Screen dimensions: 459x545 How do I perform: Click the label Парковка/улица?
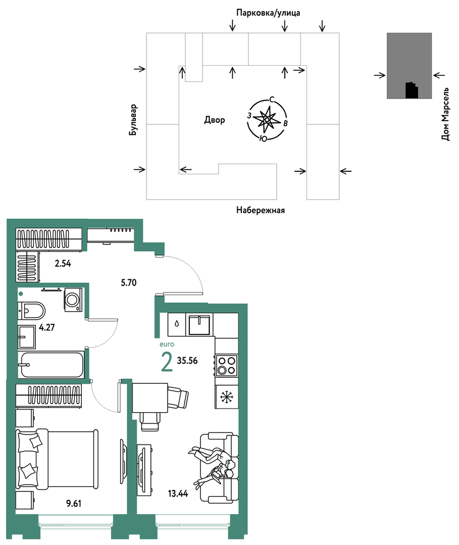(268, 13)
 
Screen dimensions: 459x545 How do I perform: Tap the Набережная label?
(260, 210)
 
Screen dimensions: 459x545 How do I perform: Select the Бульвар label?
(133, 120)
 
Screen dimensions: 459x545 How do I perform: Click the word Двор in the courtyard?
(215, 120)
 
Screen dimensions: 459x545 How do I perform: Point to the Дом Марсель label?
(445, 114)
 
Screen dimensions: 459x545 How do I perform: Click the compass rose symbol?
(267, 119)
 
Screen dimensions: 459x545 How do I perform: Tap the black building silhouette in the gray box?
(412, 90)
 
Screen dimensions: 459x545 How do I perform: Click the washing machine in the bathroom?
(73, 299)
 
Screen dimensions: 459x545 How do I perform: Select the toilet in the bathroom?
(31, 311)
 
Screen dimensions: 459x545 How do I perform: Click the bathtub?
(52, 365)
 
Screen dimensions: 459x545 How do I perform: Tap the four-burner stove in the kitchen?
(227, 365)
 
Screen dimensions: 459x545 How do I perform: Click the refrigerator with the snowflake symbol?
(227, 397)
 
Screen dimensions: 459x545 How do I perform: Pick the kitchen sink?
(199, 325)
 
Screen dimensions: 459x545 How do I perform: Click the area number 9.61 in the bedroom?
(74, 503)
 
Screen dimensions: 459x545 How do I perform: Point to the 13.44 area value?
(178, 493)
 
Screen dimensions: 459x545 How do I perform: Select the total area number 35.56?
(187, 361)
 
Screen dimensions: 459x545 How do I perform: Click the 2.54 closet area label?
(63, 264)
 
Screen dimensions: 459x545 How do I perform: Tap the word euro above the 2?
(167, 344)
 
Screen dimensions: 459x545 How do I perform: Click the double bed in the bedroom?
(57, 459)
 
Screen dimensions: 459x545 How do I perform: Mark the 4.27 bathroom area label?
(47, 327)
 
